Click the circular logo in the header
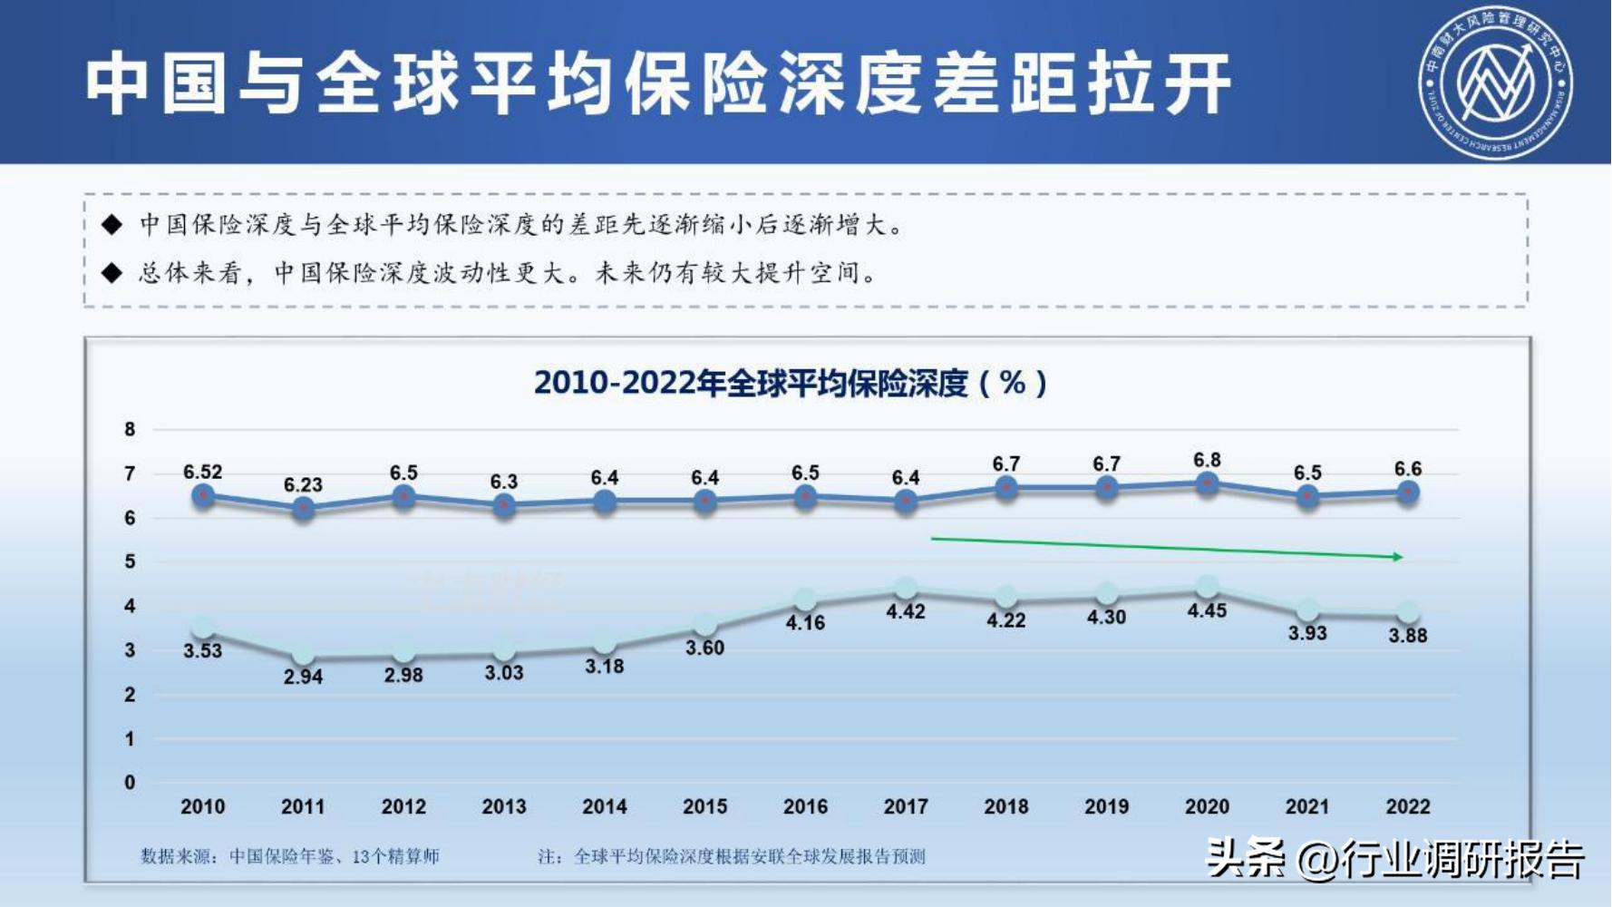(1495, 83)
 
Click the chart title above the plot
(790, 383)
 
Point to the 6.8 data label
(1207, 461)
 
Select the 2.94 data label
(303, 677)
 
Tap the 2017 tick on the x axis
(906, 806)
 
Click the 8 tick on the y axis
(131, 430)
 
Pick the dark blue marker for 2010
(203, 496)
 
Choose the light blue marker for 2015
(705, 625)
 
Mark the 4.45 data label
(1207, 611)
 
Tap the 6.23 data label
(303, 485)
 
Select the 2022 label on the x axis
(1407, 806)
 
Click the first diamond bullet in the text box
(112, 225)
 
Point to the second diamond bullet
(112, 273)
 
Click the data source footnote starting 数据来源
(290, 856)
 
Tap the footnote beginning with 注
(731, 856)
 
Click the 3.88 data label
(1407, 636)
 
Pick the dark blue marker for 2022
(1407, 493)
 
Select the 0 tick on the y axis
(131, 783)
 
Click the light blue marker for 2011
(303, 655)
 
